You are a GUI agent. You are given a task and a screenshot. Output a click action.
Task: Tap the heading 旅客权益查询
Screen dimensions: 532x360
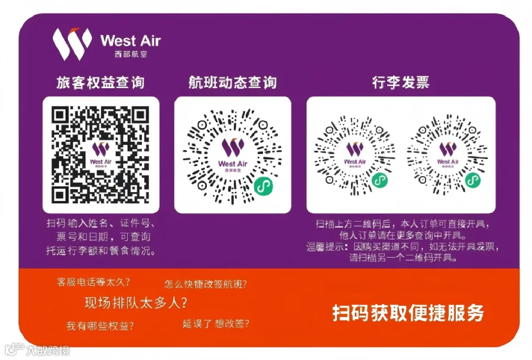point(100,82)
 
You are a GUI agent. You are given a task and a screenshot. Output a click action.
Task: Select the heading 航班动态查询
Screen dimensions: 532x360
point(232,82)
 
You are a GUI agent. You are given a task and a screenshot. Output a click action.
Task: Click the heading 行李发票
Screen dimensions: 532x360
point(401,82)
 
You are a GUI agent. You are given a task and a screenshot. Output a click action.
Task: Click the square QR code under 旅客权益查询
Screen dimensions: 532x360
point(100,155)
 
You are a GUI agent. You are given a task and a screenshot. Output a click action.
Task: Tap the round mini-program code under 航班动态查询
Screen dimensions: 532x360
point(232,156)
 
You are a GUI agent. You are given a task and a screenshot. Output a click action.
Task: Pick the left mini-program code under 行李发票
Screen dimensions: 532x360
point(355,155)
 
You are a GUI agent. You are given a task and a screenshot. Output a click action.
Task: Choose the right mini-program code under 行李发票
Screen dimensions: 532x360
point(447,155)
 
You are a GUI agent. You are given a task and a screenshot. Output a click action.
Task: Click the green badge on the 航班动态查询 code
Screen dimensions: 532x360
point(264,186)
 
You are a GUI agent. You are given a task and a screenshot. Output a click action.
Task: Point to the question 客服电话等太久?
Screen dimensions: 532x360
point(93,281)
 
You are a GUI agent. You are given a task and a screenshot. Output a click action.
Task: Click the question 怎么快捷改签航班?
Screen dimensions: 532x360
point(206,284)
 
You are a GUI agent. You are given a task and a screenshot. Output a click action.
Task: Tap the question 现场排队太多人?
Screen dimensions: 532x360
point(136,302)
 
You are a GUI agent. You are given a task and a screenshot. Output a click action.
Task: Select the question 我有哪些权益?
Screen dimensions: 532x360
point(100,326)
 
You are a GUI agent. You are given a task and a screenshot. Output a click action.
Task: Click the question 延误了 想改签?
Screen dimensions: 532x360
point(216,324)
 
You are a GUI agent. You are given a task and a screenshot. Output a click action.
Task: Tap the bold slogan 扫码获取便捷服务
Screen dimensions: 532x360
point(408,313)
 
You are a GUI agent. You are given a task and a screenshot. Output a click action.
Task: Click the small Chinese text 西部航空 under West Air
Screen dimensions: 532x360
point(131,54)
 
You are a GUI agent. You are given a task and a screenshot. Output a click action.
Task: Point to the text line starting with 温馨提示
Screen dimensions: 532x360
point(403,247)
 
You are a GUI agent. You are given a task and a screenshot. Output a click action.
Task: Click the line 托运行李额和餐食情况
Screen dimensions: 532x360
point(101,251)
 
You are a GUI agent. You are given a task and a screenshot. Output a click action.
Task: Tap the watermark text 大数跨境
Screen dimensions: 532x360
point(48,350)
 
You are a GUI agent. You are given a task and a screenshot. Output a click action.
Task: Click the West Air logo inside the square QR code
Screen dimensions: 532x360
point(100,155)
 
